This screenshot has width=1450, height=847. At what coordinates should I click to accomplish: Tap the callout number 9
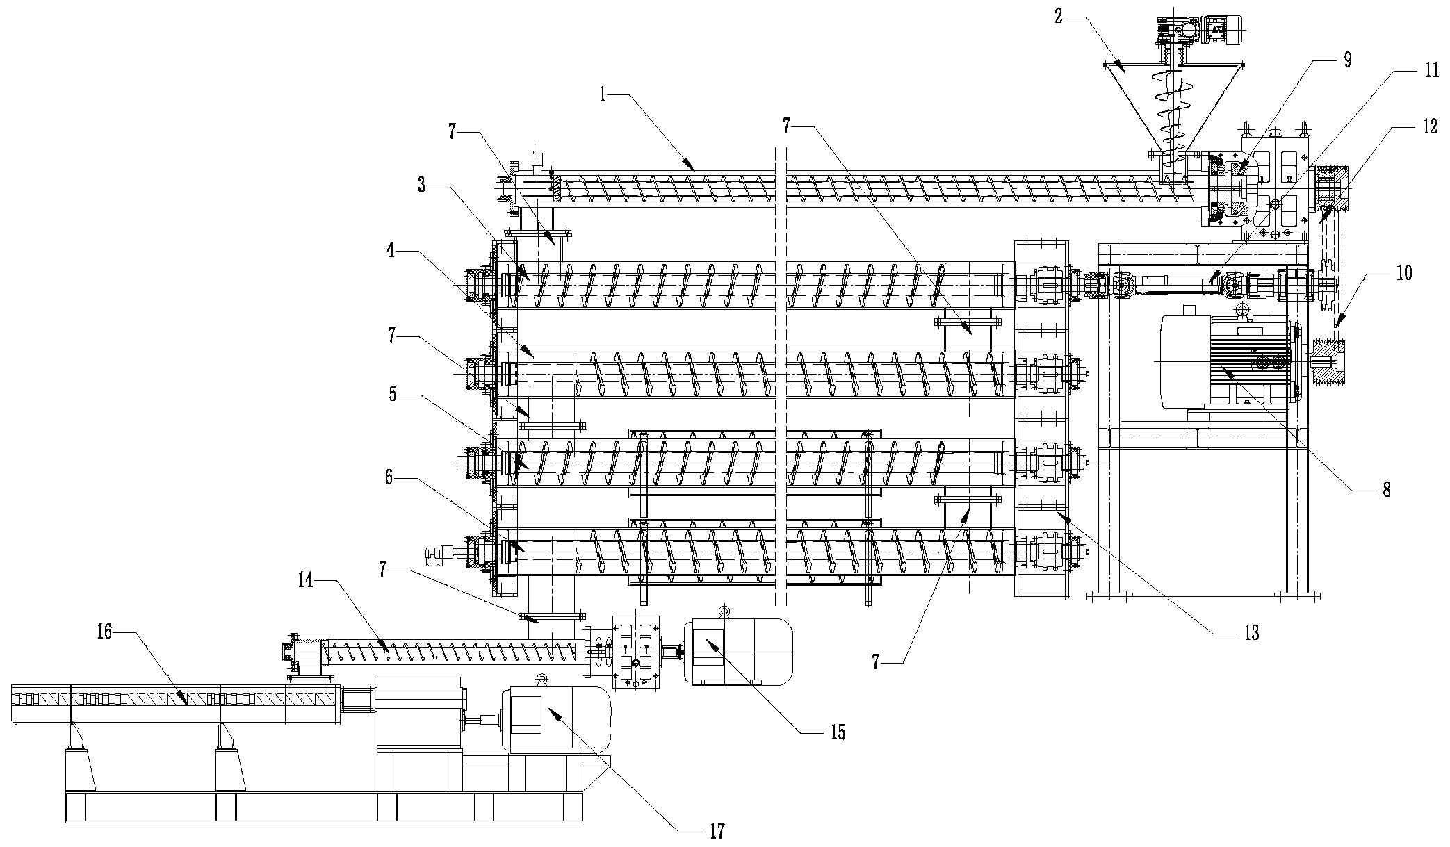(x=1347, y=59)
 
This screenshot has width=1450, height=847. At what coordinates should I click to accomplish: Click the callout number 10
(x=1404, y=272)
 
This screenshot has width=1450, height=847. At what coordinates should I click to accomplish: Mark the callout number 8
(x=1385, y=490)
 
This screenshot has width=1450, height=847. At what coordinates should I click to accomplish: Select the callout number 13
(x=1251, y=633)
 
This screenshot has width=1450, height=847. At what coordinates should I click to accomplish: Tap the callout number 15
(x=838, y=732)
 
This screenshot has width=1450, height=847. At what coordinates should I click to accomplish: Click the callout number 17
(x=717, y=830)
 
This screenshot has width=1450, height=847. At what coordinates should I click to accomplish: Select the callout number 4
(x=391, y=250)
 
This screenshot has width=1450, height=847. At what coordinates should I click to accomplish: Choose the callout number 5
(x=393, y=395)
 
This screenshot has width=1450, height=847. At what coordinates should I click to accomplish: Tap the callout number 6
(x=390, y=477)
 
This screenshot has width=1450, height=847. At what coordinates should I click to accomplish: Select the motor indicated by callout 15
(x=737, y=652)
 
